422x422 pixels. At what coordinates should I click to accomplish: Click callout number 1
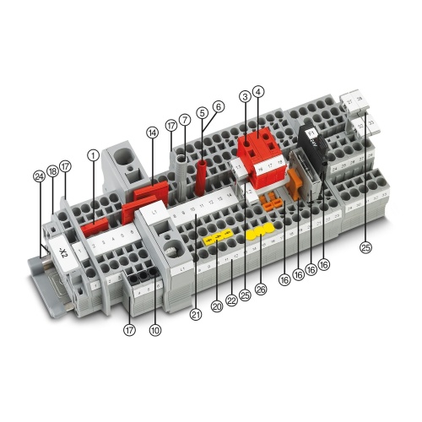pyautogui.click(x=93, y=154)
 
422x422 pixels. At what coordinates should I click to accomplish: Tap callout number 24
pyautogui.click(x=38, y=176)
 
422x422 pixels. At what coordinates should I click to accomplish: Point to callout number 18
pyautogui.click(x=51, y=171)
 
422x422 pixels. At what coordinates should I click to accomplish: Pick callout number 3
pyautogui.click(x=245, y=97)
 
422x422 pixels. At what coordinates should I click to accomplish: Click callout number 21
pyautogui.click(x=196, y=315)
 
